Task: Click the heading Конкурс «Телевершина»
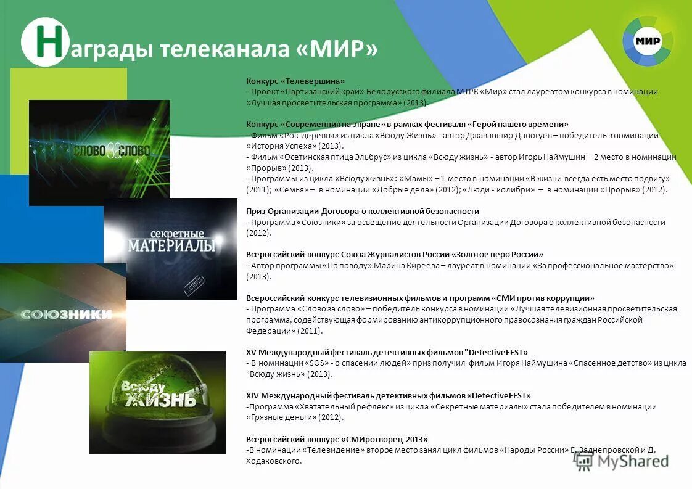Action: [295, 81]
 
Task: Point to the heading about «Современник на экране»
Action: [407, 124]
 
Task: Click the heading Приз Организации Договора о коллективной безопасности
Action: [363, 211]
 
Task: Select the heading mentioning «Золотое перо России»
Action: [395, 254]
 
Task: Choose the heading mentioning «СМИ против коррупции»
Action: [420, 298]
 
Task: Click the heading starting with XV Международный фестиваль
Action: [387, 352]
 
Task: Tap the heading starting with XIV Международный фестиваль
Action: [388, 395]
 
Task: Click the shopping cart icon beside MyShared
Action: [583, 461]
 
